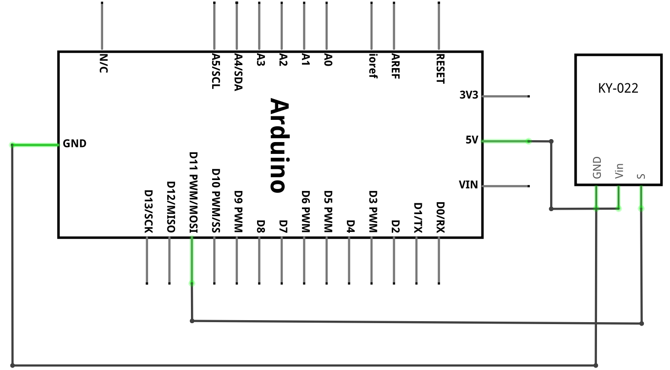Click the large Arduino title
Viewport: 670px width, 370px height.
coord(280,145)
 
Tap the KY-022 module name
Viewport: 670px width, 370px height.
coord(618,88)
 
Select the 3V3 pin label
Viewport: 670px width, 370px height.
coord(469,95)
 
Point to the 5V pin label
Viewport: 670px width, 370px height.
coord(472,140)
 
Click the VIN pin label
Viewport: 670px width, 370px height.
coord(468,185)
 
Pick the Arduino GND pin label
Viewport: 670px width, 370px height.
coord(74,144)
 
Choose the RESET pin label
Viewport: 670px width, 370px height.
coord(440,69)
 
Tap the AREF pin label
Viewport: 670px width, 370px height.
coord(395,67)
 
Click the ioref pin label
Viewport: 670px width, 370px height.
coord(373,66)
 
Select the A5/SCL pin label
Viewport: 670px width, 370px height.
coord(216,71)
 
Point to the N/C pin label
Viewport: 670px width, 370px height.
coord(103,64)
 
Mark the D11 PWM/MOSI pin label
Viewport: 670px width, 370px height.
coord(193,192)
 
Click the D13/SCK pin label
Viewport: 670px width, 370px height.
coord(149,212)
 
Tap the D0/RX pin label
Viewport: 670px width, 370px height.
coord(440,218)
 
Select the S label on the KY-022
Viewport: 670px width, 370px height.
coord(641,176)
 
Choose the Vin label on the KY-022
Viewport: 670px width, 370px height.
coord(619,171)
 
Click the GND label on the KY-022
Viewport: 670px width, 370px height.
coord(596,168)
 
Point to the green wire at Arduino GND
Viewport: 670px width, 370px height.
coord(36,145)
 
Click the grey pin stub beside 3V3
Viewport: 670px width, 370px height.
coord(506,96)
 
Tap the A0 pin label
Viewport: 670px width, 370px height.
coord(328,60)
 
